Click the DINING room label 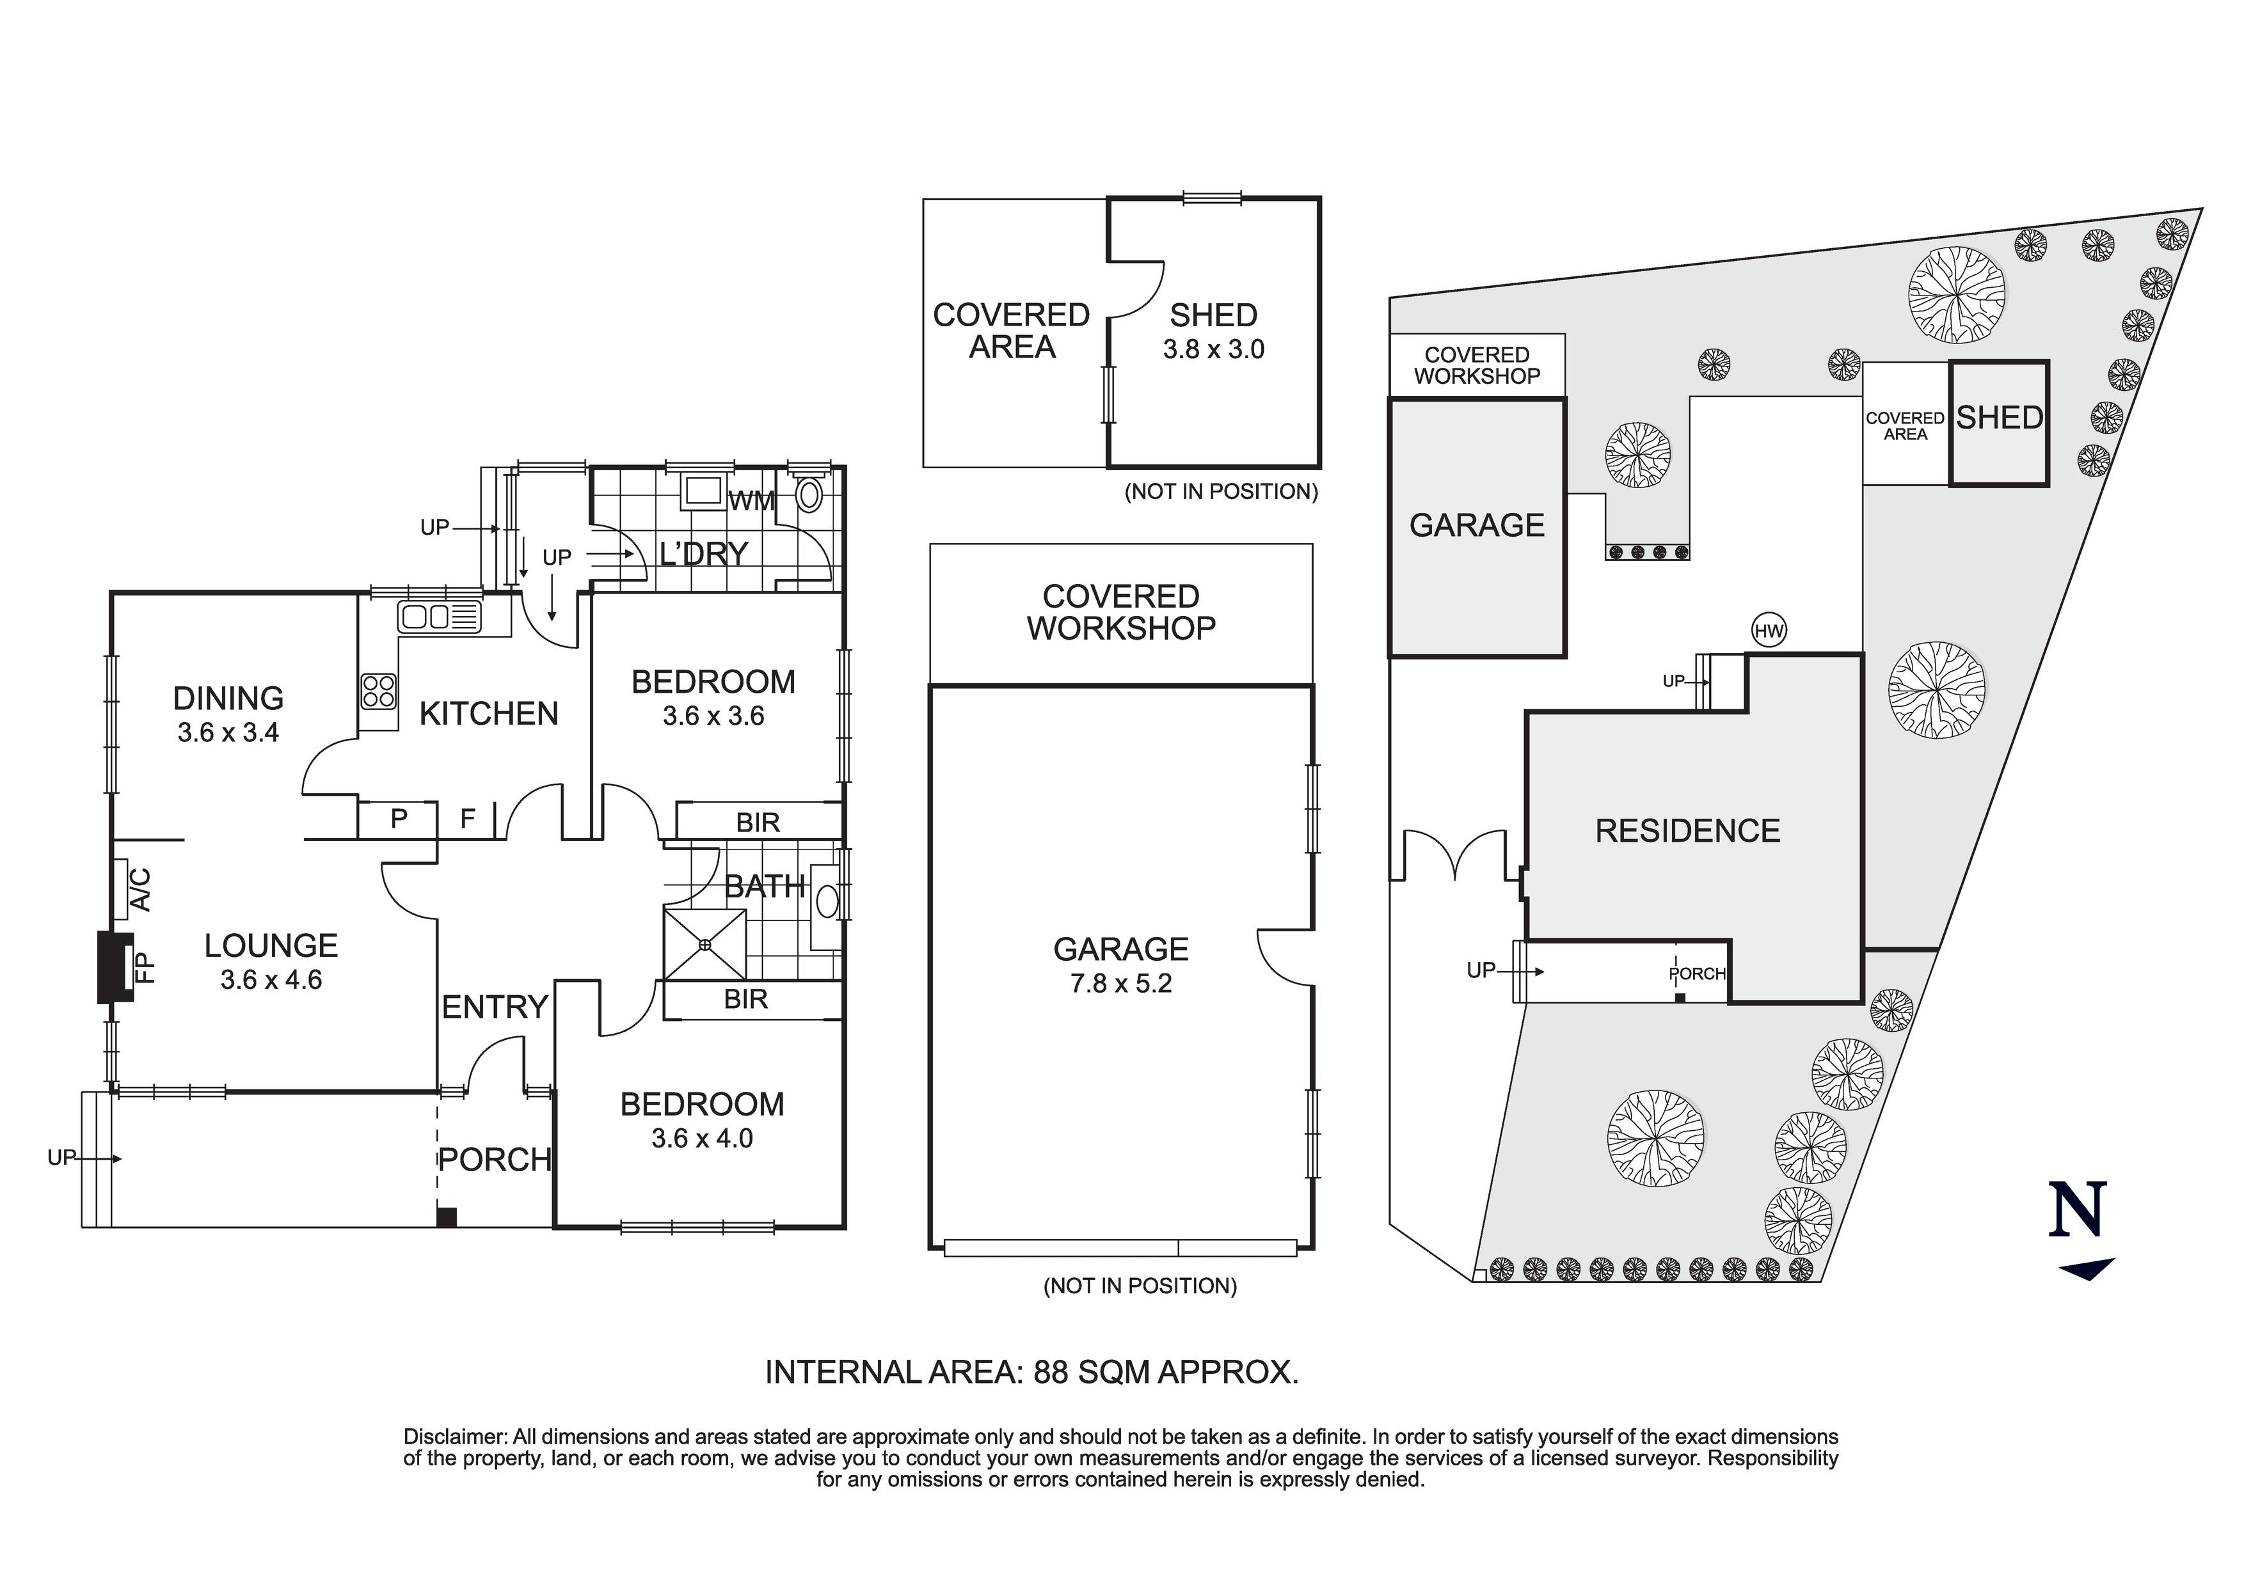pyautogui.click(x=228, y=698)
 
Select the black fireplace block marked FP pyautogui.click(x=115, y=967)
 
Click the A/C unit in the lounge pyautogui.click(x=122, y=888)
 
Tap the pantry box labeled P pyautogui.click(x=398, y=819)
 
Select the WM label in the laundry pyautogui.click(x=752, y=501)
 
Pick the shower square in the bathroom pyautogui.click(x=704, y=944)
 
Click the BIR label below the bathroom pyautogui.click(x=745, y=1000)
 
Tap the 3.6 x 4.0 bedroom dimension pyautogui.click(x=702, y=1139)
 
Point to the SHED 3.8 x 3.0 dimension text pyautogui.click(x=1213, y=350)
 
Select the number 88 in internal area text pyautogui.click(x=1051, y=1372)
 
